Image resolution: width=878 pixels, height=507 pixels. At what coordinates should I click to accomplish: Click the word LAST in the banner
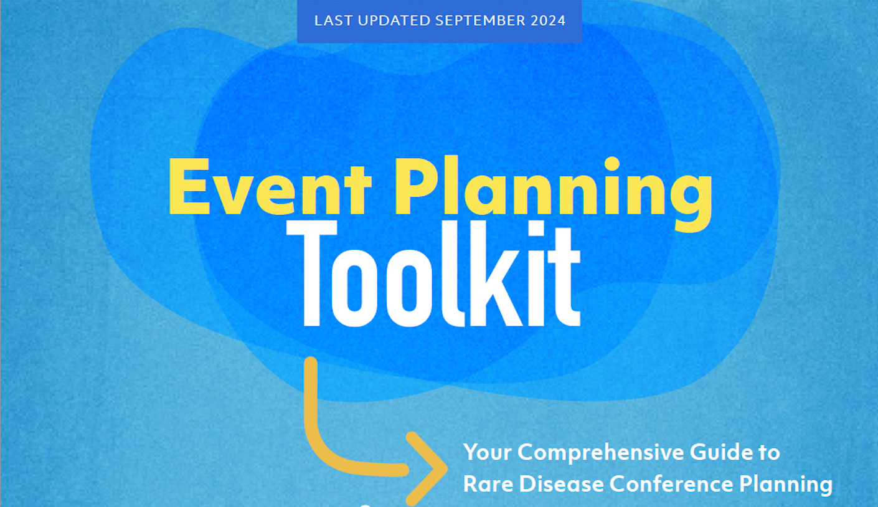[333, 21]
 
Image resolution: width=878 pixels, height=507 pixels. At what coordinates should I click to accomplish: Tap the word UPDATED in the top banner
[394, 21]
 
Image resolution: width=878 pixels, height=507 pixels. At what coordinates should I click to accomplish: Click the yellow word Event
[270, 187]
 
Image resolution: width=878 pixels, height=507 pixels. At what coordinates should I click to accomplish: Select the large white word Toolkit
[433, 273]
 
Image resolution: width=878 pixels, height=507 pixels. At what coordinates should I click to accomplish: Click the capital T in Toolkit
[312, 273]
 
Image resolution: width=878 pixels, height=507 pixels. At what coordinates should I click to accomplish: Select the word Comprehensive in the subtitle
[601, 453]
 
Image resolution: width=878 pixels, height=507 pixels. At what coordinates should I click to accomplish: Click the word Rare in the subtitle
[488, 484]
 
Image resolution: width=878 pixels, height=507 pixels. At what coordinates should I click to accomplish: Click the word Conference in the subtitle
[671, 484]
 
